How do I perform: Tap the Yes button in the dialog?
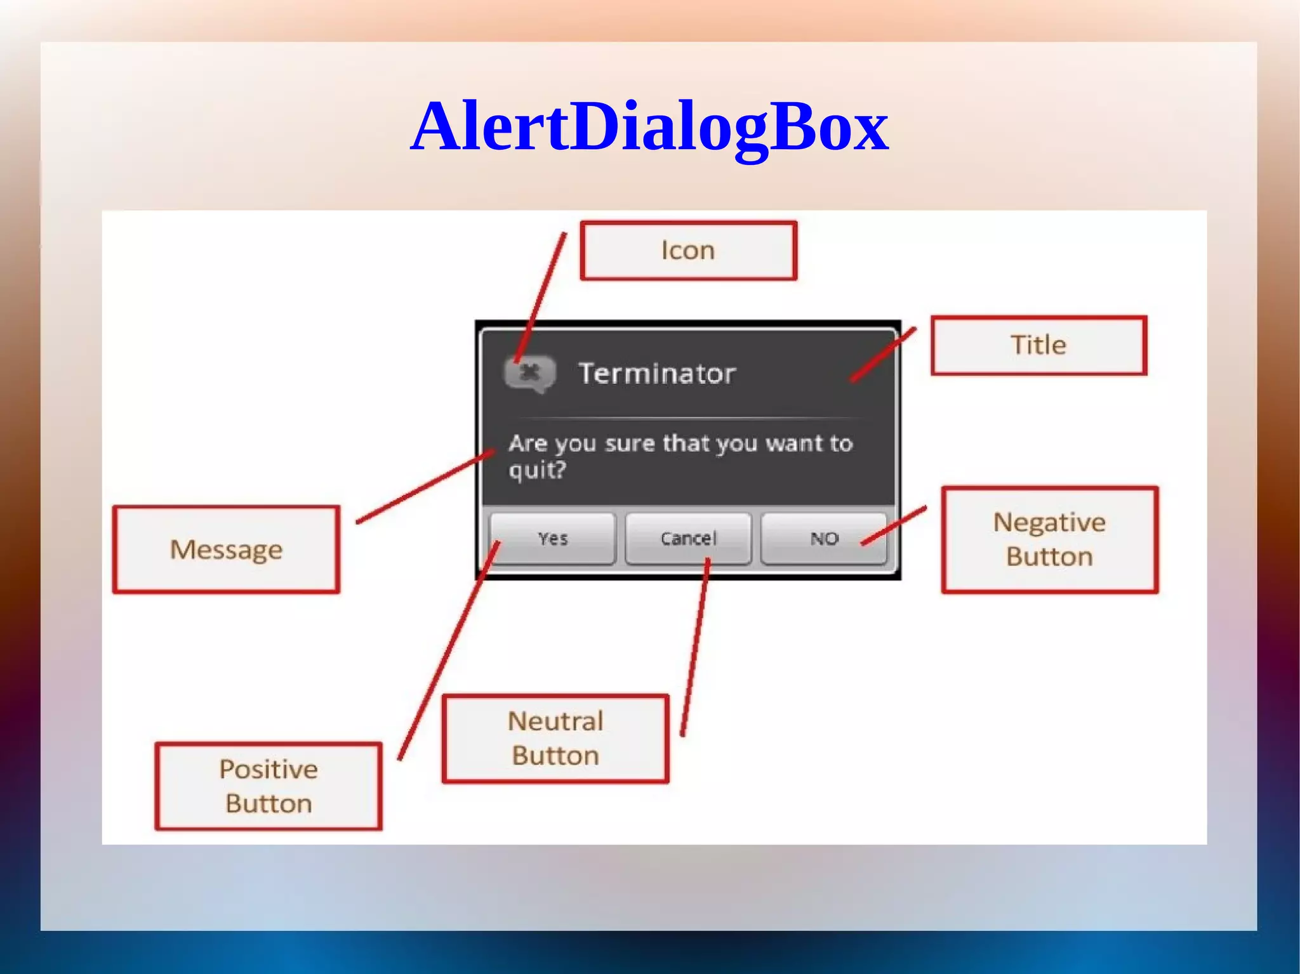552,539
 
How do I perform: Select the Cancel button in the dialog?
688,539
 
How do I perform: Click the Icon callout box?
688,250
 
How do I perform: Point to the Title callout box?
1038,345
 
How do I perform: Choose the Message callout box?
226,550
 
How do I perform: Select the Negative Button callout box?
1049,539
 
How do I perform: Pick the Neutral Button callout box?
555,739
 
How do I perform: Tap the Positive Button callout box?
269,786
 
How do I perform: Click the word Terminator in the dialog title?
657,373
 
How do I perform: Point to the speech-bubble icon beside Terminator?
529,373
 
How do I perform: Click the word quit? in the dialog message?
537,470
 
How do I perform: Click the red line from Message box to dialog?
425,486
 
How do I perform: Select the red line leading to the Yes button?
449,650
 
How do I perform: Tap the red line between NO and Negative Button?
894,525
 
